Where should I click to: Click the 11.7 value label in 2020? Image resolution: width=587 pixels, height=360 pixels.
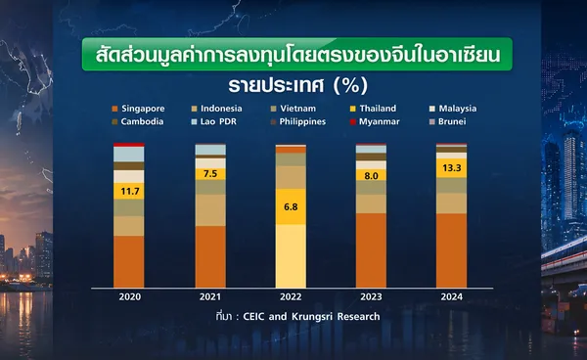130,192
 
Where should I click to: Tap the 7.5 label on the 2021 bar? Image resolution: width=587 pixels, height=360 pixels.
210,173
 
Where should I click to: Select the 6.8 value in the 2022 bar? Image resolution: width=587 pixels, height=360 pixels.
291,207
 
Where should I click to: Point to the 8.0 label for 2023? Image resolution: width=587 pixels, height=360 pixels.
371,176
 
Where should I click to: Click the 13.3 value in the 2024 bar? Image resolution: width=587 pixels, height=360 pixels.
451,168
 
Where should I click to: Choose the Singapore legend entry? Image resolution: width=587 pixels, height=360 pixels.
138,109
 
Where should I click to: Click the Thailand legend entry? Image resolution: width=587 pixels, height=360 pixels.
373,109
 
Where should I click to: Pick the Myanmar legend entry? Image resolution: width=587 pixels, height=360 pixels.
375,121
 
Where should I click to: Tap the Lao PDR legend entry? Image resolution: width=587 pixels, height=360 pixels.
213,121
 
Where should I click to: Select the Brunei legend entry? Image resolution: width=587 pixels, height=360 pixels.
448,121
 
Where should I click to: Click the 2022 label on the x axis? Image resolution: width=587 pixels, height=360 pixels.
291,296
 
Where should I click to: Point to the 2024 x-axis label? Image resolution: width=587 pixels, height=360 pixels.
451,296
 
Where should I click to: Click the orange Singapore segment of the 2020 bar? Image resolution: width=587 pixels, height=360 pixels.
129,261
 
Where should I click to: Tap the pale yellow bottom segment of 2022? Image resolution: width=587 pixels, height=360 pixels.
291,256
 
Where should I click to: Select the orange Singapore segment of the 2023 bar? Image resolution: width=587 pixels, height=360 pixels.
371,250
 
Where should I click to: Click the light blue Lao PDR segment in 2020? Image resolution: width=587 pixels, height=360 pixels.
129,155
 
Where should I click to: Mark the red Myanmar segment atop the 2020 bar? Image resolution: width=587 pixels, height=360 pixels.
129,145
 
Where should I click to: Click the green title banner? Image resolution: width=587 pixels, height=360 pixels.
297,54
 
